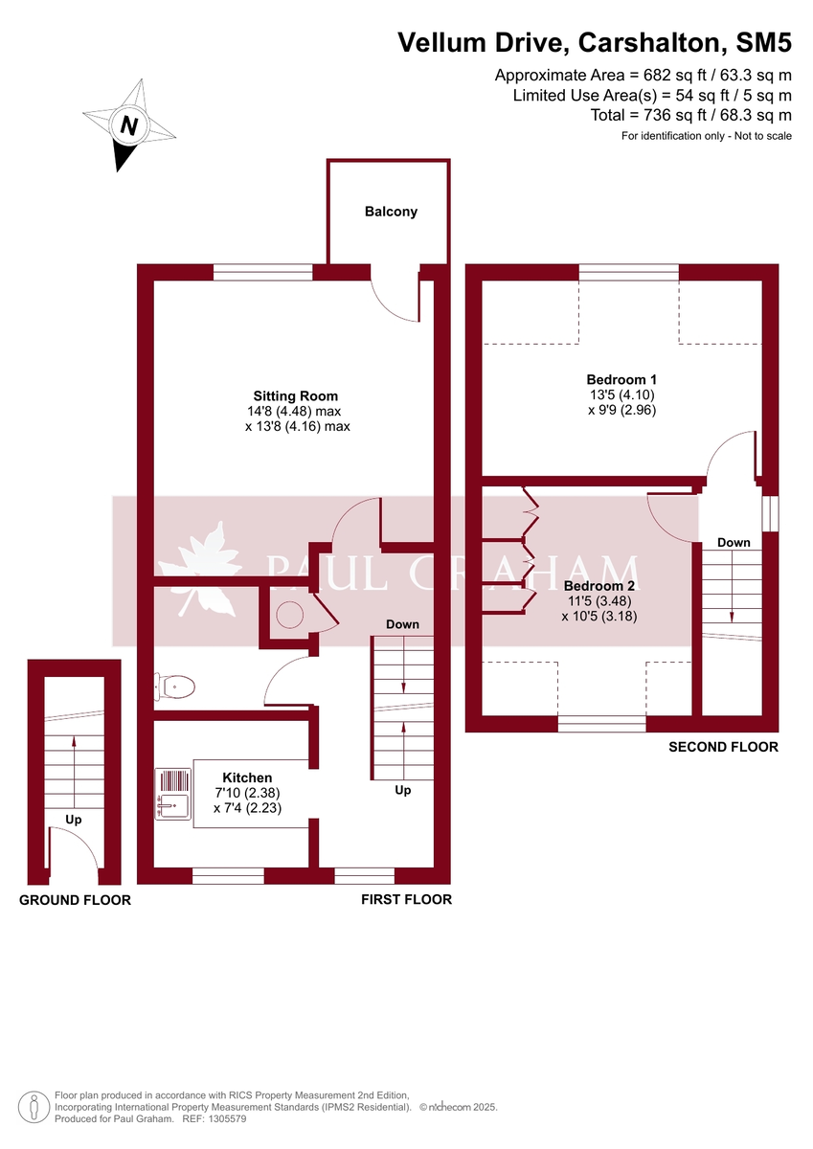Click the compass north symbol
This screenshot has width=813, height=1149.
(x=129, y=125)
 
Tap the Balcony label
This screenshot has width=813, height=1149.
(x=391, y=212)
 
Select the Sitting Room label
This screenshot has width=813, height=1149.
(x=295, y=395)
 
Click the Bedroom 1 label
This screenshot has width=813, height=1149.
(x=621, y=378)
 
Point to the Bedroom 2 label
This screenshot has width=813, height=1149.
(x=598, y=586)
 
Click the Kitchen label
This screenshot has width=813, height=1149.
(x=247, y=777)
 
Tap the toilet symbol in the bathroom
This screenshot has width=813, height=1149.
(x=176, y=686)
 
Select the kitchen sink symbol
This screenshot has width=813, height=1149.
(x=173, y=794)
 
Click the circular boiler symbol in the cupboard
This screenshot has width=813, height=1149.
(x=290, y=614)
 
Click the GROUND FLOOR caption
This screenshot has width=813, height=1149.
(x=75, y=900)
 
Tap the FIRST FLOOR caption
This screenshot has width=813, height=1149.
(x=406, y=899)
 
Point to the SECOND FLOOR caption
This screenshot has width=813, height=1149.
(x=723, y=747)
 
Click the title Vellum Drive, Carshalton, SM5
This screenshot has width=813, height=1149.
(x=595, y=42)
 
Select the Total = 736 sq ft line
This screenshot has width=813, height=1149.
(x=691, y=115)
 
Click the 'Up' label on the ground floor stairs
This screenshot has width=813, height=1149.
(x=74, y=820)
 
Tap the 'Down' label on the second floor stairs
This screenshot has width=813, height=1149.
(x=734, y=543)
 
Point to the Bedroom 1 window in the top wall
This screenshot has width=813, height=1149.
(x=628, y=273)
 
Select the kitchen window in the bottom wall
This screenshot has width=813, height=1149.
(x=228, y=875)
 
